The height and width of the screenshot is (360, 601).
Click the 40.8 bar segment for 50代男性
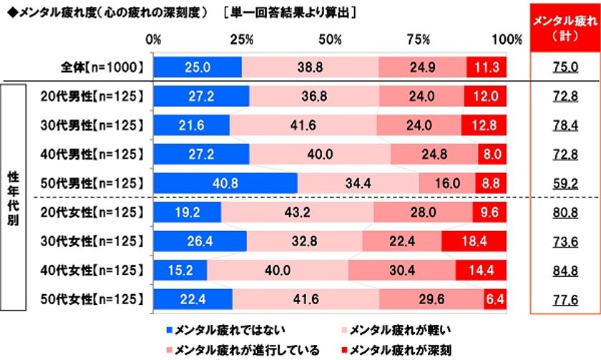tap(225, 183)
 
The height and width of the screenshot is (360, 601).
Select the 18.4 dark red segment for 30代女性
tap(474, 241)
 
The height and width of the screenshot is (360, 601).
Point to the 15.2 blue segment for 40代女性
tap(180, 271)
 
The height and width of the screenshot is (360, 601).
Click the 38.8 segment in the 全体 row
tap(310, 67)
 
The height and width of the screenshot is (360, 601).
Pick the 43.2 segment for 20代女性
tap(297, 212)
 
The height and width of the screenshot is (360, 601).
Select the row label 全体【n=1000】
tap(102, 67)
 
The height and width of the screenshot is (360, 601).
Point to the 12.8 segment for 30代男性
tap(484, 125)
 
